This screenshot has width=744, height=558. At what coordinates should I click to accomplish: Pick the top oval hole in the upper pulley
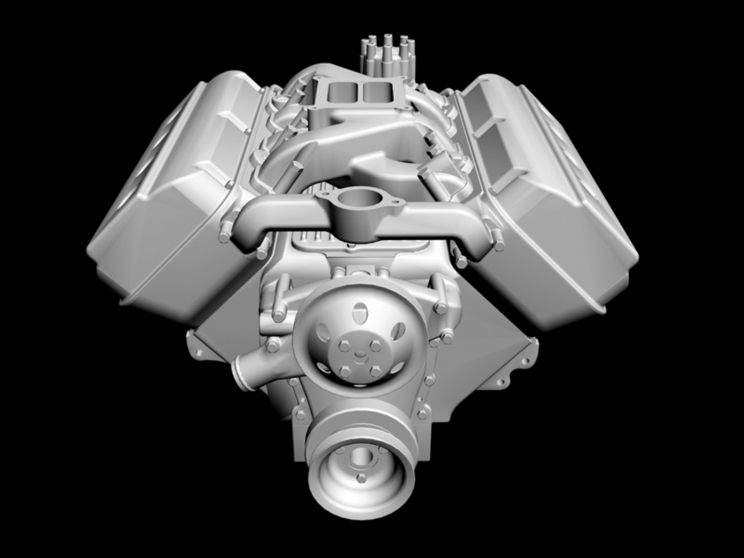click(357, 312)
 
